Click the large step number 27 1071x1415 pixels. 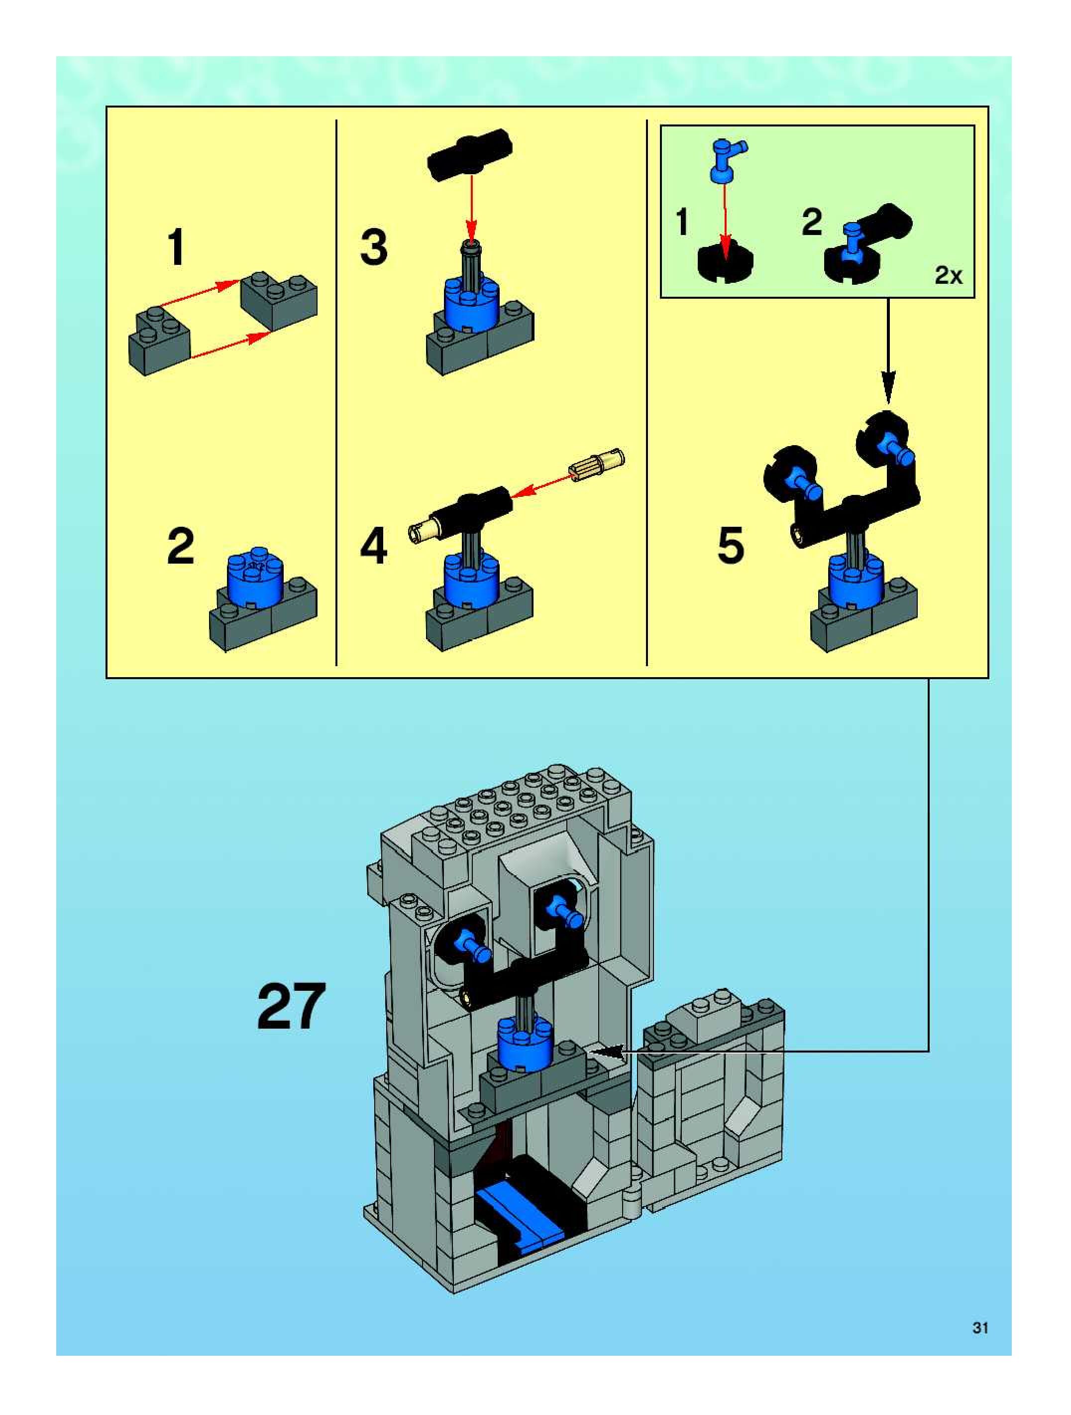point(291,1007)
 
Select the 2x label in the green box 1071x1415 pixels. point(948,276)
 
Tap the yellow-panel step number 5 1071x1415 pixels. point(731,546)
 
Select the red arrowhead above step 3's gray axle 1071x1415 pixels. point(471,230)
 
